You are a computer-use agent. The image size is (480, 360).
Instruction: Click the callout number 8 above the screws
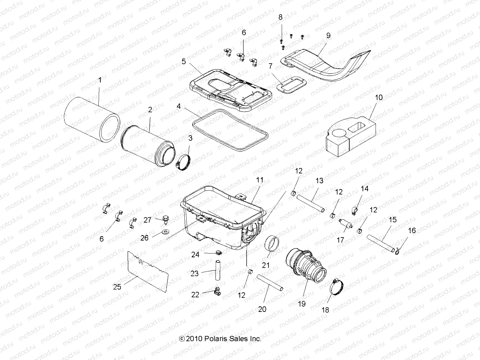(x=280, y=17)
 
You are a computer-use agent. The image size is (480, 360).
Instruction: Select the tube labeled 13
(x=310, y=203)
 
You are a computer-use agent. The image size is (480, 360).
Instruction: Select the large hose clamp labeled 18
(x=337, y=287)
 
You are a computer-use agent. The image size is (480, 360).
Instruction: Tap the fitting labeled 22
(x=216, y=290)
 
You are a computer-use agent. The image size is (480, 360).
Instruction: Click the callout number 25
(x=117, y=287)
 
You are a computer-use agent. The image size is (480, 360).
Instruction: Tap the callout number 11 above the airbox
(x=259, y=180)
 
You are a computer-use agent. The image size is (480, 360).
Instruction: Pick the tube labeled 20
(x=270, y=282)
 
